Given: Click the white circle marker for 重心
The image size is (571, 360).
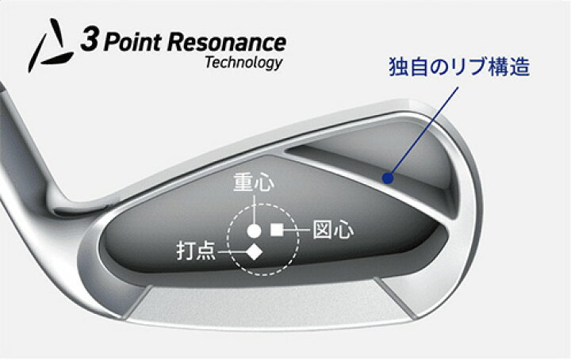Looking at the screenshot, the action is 254,231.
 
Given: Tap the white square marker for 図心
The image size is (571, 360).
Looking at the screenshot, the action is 277,230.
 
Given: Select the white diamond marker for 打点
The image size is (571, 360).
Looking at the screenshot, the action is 254,252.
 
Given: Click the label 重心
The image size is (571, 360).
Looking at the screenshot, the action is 254,182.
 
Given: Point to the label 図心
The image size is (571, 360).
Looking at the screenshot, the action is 333,230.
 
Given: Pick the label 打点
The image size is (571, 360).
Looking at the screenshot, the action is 197,251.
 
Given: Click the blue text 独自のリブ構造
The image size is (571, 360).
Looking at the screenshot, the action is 459,67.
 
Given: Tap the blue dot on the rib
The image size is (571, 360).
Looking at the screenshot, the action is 388,178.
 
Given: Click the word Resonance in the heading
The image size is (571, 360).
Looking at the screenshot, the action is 227,43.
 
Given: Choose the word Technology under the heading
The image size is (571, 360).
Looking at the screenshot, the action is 243,63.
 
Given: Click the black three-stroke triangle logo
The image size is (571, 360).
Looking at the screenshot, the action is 52,45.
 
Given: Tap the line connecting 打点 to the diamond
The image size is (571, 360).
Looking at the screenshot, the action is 232,252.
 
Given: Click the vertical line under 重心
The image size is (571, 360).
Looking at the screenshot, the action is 254,209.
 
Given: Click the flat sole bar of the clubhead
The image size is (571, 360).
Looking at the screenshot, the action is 270,303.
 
